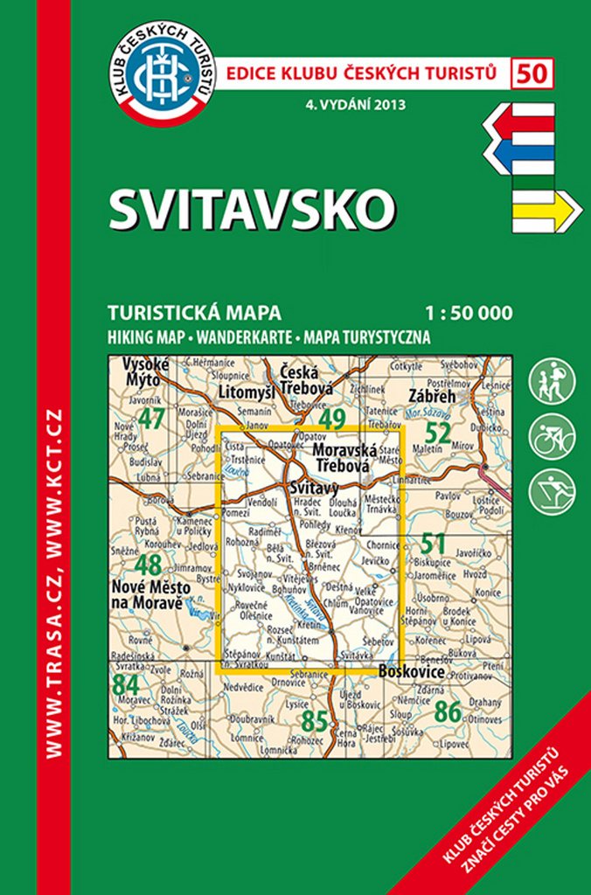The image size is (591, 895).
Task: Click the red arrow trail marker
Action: [x=519, y=122]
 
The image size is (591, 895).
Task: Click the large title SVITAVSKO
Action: [x=252, y=208]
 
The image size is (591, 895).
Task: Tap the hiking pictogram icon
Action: [x=553, y=382]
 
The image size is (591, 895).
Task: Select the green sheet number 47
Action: [x=151, y=419]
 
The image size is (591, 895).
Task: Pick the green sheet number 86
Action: [x=448, y=713]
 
